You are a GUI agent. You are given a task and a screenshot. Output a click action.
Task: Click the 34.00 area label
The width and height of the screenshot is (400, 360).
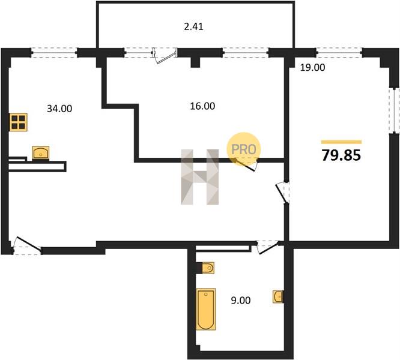(59, 109)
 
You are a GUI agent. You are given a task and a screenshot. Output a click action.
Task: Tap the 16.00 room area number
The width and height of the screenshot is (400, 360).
(202, 106)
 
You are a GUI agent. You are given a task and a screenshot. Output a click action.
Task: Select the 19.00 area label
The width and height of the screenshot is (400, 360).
(312, 68)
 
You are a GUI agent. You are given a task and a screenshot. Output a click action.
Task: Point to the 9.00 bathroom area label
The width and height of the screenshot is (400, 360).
(241, 301)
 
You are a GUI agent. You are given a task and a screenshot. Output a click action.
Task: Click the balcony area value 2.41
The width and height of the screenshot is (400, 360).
(193, 26)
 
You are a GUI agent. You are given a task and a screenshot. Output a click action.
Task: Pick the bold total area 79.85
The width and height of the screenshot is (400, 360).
(341, 155)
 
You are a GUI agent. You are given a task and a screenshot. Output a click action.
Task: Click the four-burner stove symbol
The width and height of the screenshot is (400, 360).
(19, 122)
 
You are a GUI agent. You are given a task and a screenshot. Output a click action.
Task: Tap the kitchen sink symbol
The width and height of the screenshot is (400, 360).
(41, 153)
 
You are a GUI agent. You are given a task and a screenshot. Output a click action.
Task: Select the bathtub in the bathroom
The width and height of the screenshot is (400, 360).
(205, 309)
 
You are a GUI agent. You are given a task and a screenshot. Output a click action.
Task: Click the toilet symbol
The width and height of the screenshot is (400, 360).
(208, 268)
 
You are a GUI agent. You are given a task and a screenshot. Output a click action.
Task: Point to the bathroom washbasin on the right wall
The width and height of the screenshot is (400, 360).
(278, 296)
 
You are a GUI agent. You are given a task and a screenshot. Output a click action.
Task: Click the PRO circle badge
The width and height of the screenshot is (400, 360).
(244, 149)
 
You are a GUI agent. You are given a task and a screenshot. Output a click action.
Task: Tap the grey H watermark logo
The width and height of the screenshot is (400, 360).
(200, 177)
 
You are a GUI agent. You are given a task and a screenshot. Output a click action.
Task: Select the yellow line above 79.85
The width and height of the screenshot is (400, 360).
(341, 142)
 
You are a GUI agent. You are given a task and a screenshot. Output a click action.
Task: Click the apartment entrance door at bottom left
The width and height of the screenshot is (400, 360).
(27, 245)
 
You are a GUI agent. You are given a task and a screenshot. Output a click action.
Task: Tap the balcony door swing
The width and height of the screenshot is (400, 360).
(165, 56)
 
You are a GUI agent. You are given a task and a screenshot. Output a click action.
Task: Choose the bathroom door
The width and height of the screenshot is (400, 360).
(268, 247)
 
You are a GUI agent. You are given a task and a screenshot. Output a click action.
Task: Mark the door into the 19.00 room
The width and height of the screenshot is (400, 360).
(283, 193)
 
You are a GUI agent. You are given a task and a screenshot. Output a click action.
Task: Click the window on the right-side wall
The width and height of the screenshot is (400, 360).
(395, 110)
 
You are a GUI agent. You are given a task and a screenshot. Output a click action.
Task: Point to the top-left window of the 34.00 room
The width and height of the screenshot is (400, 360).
(54, 53)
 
